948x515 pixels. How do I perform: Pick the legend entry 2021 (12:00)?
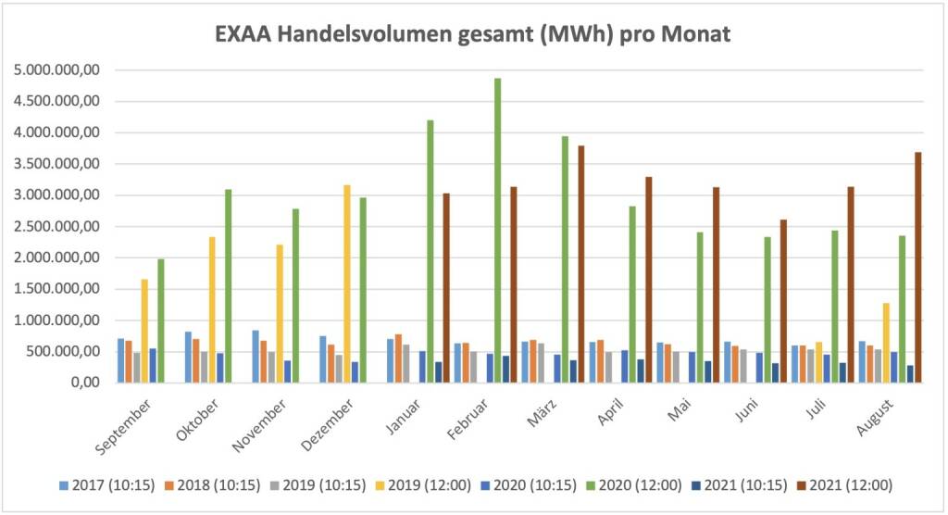pos(852,484)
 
